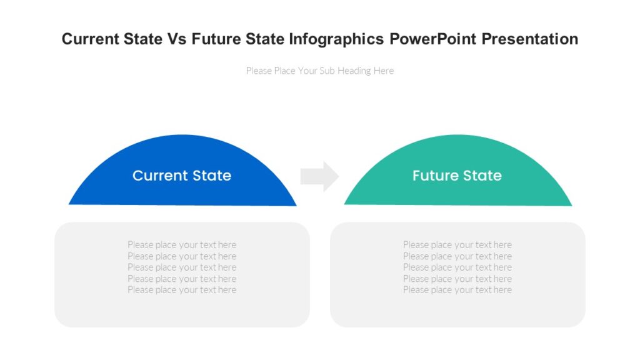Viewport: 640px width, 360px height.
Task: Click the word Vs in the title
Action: [176, 39]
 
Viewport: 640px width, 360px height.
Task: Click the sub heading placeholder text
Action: [319, 71]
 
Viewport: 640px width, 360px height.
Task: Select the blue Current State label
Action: [182, 176]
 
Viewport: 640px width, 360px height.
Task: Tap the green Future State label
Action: [457, 176]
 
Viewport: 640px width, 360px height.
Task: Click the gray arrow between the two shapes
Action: [319, 176]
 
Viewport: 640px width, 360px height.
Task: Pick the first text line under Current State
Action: [182, 245]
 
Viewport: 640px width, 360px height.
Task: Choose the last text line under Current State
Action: [182, 290]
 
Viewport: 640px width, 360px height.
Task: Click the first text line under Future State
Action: [457, 245]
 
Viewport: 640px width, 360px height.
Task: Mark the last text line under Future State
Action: [457, 290]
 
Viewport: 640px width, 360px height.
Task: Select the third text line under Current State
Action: [182, 267]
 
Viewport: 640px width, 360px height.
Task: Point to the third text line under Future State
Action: [457, 267]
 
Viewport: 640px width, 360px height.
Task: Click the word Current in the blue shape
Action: [160, 176]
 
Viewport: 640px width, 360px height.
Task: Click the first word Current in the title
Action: [90, 39]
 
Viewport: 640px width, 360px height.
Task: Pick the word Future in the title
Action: [216, 39]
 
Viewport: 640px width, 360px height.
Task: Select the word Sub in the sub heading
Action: [327, 71]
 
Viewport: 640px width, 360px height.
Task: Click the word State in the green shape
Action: [481, 176]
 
